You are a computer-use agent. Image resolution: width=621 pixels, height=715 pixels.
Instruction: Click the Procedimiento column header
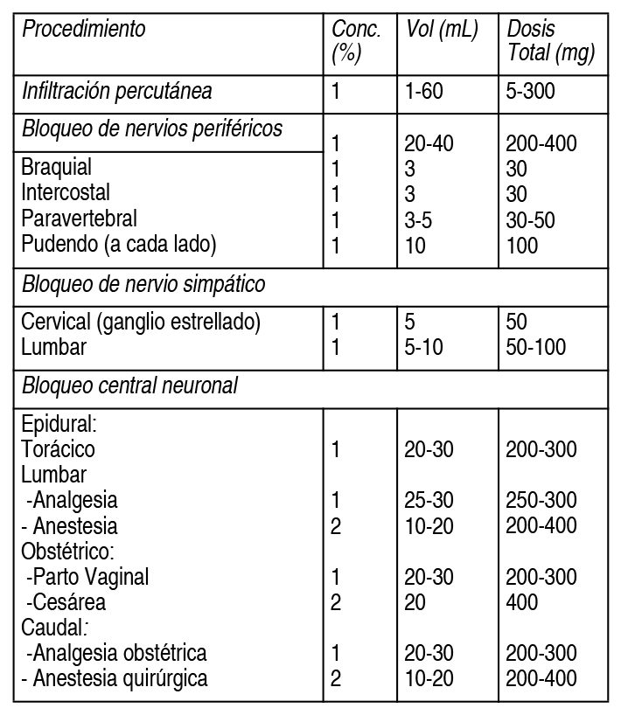[84, 29]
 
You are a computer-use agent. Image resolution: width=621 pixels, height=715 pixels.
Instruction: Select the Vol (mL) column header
[443, 29]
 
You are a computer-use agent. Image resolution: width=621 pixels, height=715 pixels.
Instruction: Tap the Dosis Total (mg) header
[551, 41]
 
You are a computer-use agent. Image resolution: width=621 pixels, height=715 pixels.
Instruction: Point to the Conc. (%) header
[356, 41]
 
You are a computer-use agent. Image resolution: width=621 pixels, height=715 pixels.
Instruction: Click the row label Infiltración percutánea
[117, 90]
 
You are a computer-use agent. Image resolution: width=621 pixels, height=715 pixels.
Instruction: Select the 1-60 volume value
[425, 90]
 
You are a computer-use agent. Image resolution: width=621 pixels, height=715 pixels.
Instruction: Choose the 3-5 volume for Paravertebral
[418, 219]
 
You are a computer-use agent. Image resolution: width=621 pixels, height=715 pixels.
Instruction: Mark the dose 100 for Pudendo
[523, 245]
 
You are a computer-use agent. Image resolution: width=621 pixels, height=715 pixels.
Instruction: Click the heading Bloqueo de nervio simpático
[143, 284]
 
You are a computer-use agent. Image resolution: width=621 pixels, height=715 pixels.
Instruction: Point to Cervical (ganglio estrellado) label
[141, 322]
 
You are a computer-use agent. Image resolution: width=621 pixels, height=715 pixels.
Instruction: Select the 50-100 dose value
[535, 347]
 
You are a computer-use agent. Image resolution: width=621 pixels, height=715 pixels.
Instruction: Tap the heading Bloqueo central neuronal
[129, 385]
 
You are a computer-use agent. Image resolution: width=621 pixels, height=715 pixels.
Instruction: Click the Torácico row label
[59, 449]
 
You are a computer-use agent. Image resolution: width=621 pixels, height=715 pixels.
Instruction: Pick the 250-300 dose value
[541, 501]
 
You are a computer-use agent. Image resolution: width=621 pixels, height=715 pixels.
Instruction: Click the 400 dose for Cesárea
[522, 602]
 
